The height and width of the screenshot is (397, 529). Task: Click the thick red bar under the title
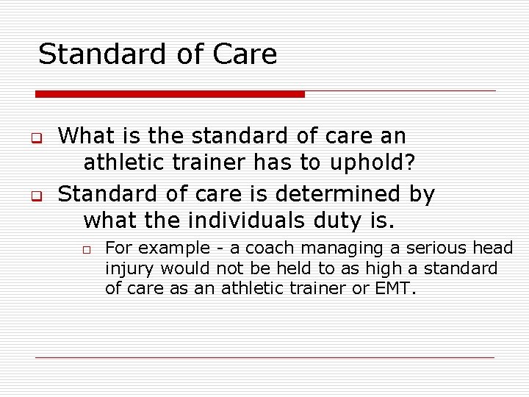[x=170, y=94]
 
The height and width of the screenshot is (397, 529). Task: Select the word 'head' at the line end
[x=492, y=249]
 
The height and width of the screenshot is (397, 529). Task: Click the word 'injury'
[x=130, y=269]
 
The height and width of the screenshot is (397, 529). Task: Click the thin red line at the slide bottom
[x=264, y=357]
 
